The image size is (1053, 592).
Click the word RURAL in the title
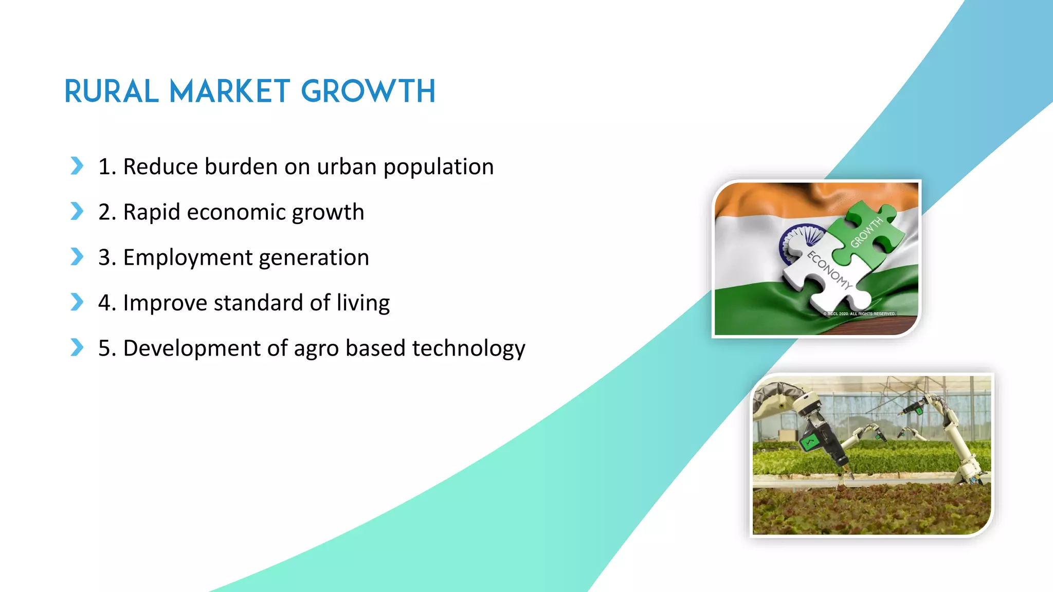click(111, 92)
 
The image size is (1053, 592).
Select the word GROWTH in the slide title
click(368, 92)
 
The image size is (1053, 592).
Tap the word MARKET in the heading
click(230, 92)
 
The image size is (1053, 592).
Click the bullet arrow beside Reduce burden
click(77, 165)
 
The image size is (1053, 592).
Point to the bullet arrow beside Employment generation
click(77, 256)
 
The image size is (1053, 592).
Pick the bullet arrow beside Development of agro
click(77, 347)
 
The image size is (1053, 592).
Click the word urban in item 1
click(347, 167)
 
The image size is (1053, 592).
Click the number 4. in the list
click(107, 303)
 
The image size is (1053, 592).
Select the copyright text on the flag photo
click(859, 313)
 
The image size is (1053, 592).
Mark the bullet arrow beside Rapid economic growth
click(77, 211)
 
